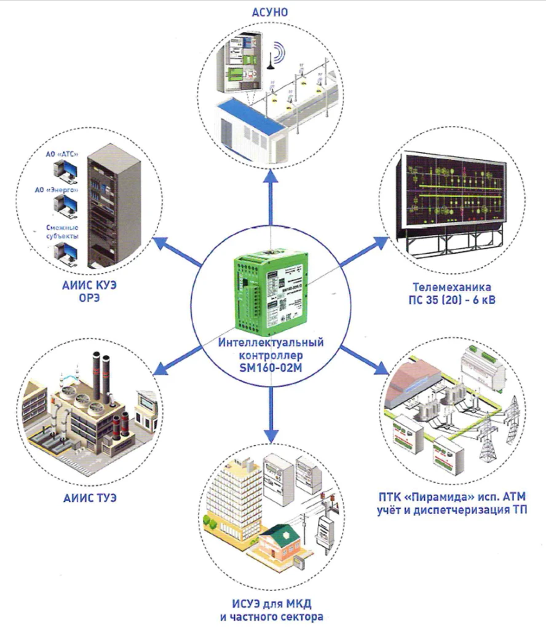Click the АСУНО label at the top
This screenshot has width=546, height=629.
(x=269, y=12)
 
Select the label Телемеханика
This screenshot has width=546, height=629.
(x=443, y=287)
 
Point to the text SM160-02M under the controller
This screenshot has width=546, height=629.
(x=271, y=368)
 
